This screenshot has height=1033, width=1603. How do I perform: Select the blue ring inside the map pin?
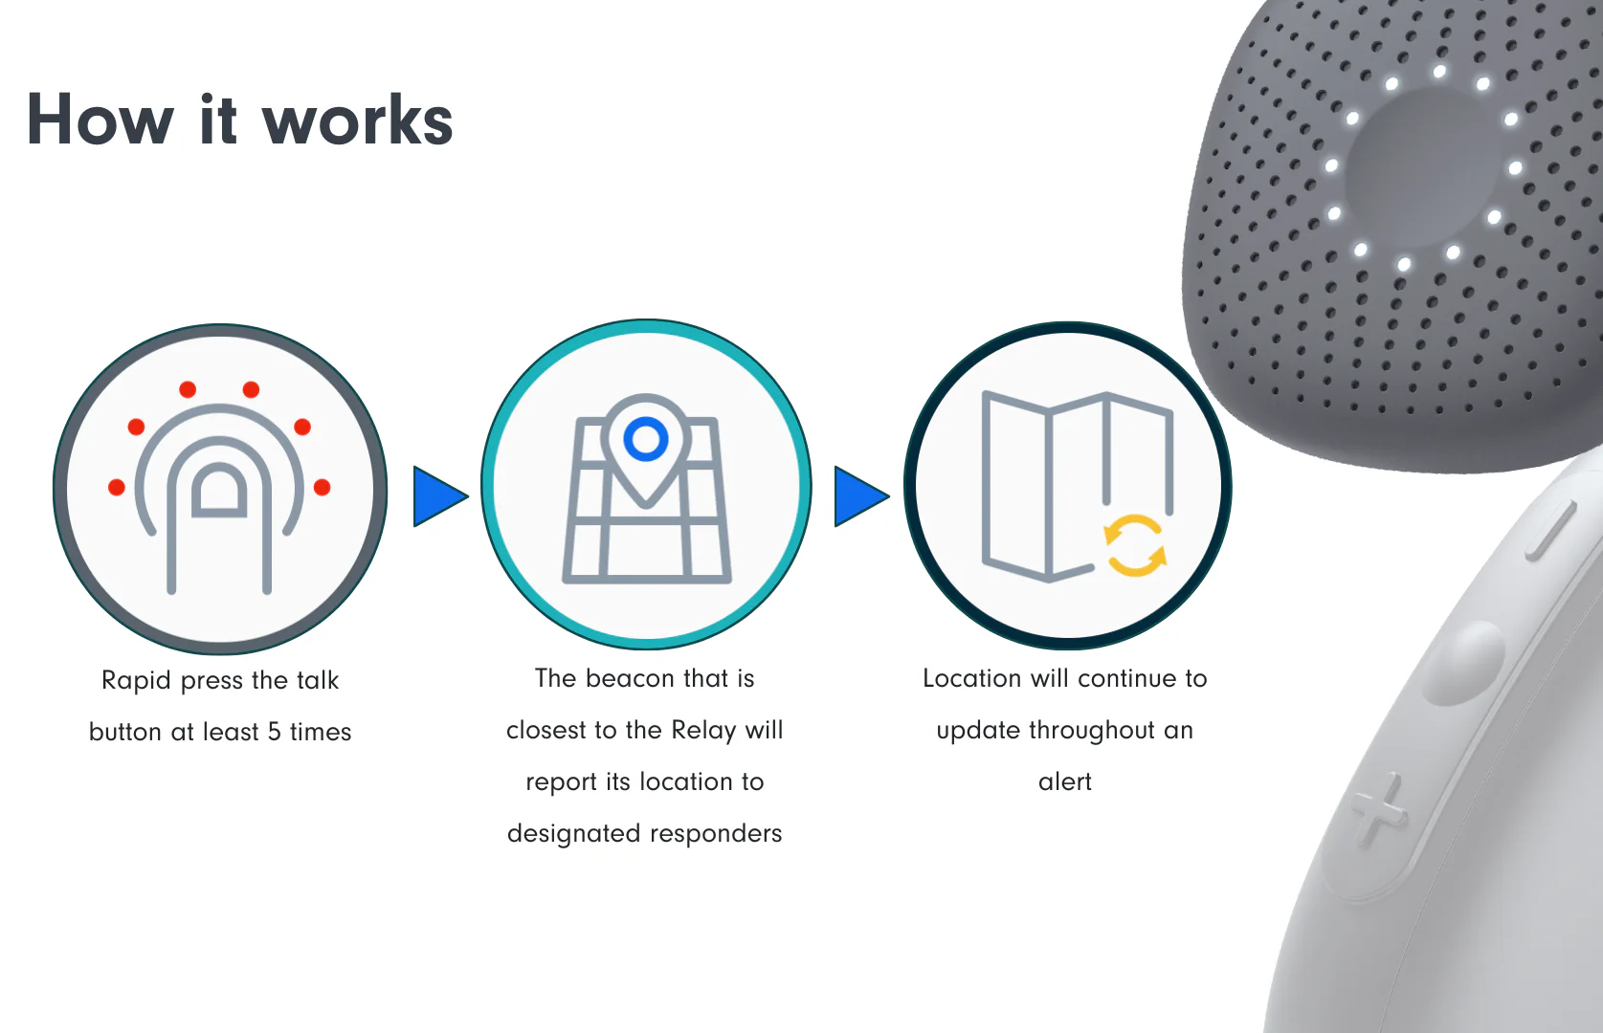click(645, 438)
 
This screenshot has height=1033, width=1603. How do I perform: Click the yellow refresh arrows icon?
click(1135, 545)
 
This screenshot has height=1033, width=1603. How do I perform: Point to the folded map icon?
click(1077, 487)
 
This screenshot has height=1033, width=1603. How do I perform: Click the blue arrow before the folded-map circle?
click(862, 496)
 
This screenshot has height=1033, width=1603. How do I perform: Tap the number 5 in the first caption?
click(274, 732)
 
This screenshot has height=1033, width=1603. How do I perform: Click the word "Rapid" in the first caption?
click(136, 680)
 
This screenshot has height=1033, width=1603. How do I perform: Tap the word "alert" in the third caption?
click(1065, 781)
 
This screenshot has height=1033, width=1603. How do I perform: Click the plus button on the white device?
click(1377, 810)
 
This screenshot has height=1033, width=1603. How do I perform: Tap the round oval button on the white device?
click(1463, 662)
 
